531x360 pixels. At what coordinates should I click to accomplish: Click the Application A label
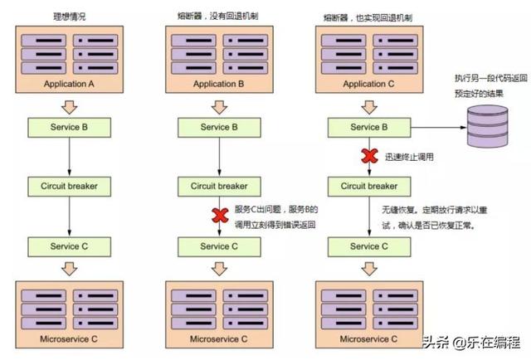pos(69,84)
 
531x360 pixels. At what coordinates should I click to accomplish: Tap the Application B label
pos(219,84)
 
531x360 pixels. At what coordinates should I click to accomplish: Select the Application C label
pos(368,84)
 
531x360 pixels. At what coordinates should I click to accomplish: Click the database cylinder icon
pos(488,126)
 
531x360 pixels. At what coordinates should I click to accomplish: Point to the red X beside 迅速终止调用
pos(369,156)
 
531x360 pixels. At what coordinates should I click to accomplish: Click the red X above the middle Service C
pos(220,216)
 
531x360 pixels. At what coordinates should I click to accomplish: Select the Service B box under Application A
pos(70,128)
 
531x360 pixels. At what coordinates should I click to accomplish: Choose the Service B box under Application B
pos(219,128)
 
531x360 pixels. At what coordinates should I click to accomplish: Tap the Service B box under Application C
pos(369,128)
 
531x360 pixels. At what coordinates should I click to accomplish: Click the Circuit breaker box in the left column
pos(70,187)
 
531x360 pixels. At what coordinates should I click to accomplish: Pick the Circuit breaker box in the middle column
pos(219,187)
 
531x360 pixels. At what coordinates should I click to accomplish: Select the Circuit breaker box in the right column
pos(369,187)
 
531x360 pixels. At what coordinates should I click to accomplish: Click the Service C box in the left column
pos(70,246)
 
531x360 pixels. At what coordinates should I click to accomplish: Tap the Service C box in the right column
pos(369,246)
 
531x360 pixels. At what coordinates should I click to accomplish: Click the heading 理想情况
pos(70,17)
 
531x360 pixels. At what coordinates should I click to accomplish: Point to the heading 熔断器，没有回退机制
pos(217,16)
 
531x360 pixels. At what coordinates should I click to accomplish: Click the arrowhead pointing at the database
pos(464,128)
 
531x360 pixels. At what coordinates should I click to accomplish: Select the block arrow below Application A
pos(70,107)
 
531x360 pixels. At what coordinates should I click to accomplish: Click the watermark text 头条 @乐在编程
pos(472,343)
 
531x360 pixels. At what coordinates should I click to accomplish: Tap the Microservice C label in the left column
pos(69,339)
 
